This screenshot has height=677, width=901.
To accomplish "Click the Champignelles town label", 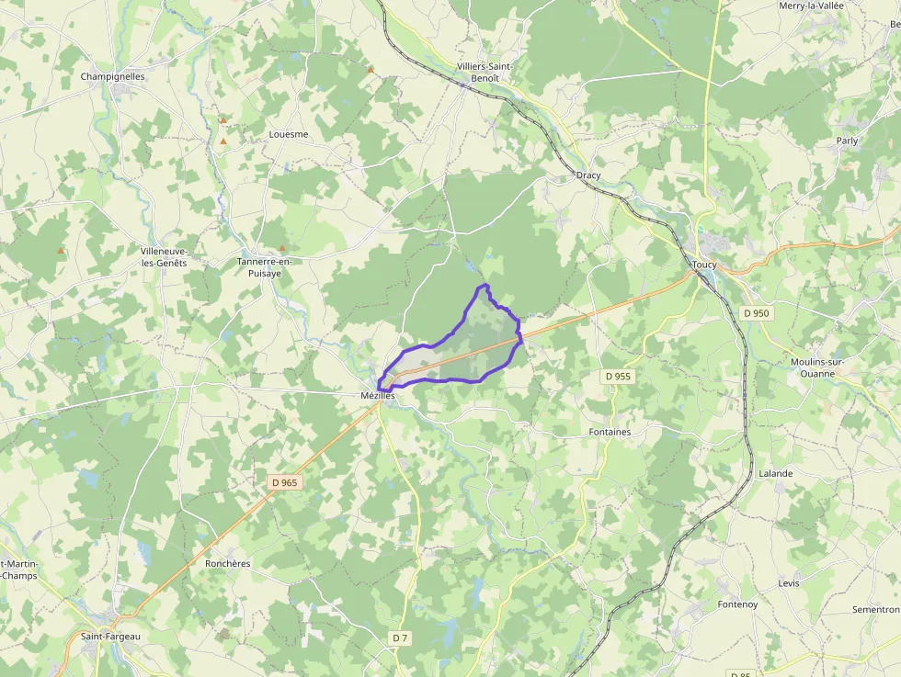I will point(113,76).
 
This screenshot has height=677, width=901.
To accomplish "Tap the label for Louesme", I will point(289,134).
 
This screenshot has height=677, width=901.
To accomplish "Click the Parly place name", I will point(847,141).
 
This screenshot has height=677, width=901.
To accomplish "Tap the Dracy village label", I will point(588,175).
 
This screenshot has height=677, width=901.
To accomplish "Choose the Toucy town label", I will point(704,265).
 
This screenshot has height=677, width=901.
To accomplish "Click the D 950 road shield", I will point(756,313).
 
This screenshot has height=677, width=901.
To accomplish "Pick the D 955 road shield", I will point(619,377).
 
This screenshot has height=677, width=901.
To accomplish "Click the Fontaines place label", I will point(610,432).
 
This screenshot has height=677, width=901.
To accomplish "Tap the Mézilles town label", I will point(377,396).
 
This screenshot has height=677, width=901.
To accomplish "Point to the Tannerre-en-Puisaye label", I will point(265,266).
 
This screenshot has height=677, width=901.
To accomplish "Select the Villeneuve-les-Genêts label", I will point(164,256).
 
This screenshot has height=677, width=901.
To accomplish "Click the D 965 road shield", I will point(285,482).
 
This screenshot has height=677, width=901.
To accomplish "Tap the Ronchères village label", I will point(228,564).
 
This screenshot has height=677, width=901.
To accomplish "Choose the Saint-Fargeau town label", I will point(110,637).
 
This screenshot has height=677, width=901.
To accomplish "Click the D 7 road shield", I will point(400,638).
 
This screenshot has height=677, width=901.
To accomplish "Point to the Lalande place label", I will point(775,474).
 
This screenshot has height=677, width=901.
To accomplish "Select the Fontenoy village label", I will point(738,604).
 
